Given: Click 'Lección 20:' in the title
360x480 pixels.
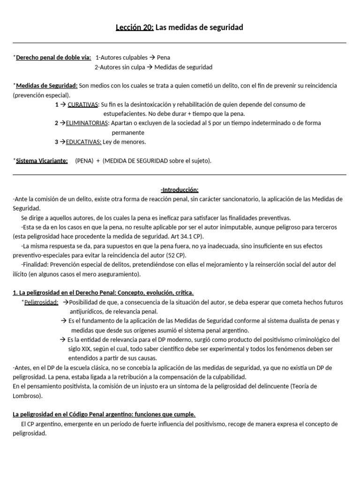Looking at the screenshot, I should click(135, 28).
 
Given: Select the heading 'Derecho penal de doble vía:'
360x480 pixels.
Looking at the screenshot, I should click(53, 58).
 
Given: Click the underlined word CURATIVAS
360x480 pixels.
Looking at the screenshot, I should click(83, 105).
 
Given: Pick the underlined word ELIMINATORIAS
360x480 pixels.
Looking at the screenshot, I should click(87, 123).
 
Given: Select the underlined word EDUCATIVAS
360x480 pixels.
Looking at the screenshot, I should click(83, 142).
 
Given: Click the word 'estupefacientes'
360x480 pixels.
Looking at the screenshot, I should click(124, 114).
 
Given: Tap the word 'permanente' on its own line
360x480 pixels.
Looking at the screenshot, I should click(128, 133).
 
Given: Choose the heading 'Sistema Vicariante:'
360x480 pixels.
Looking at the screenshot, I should click(42, 161).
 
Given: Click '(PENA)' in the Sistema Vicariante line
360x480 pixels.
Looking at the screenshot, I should click(84, 161).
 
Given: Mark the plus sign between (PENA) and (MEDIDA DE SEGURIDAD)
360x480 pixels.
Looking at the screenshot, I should click(98, 161).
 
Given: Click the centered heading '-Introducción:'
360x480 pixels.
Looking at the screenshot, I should click(180, 190).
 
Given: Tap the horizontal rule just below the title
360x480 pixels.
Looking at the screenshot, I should click(180, 43).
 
